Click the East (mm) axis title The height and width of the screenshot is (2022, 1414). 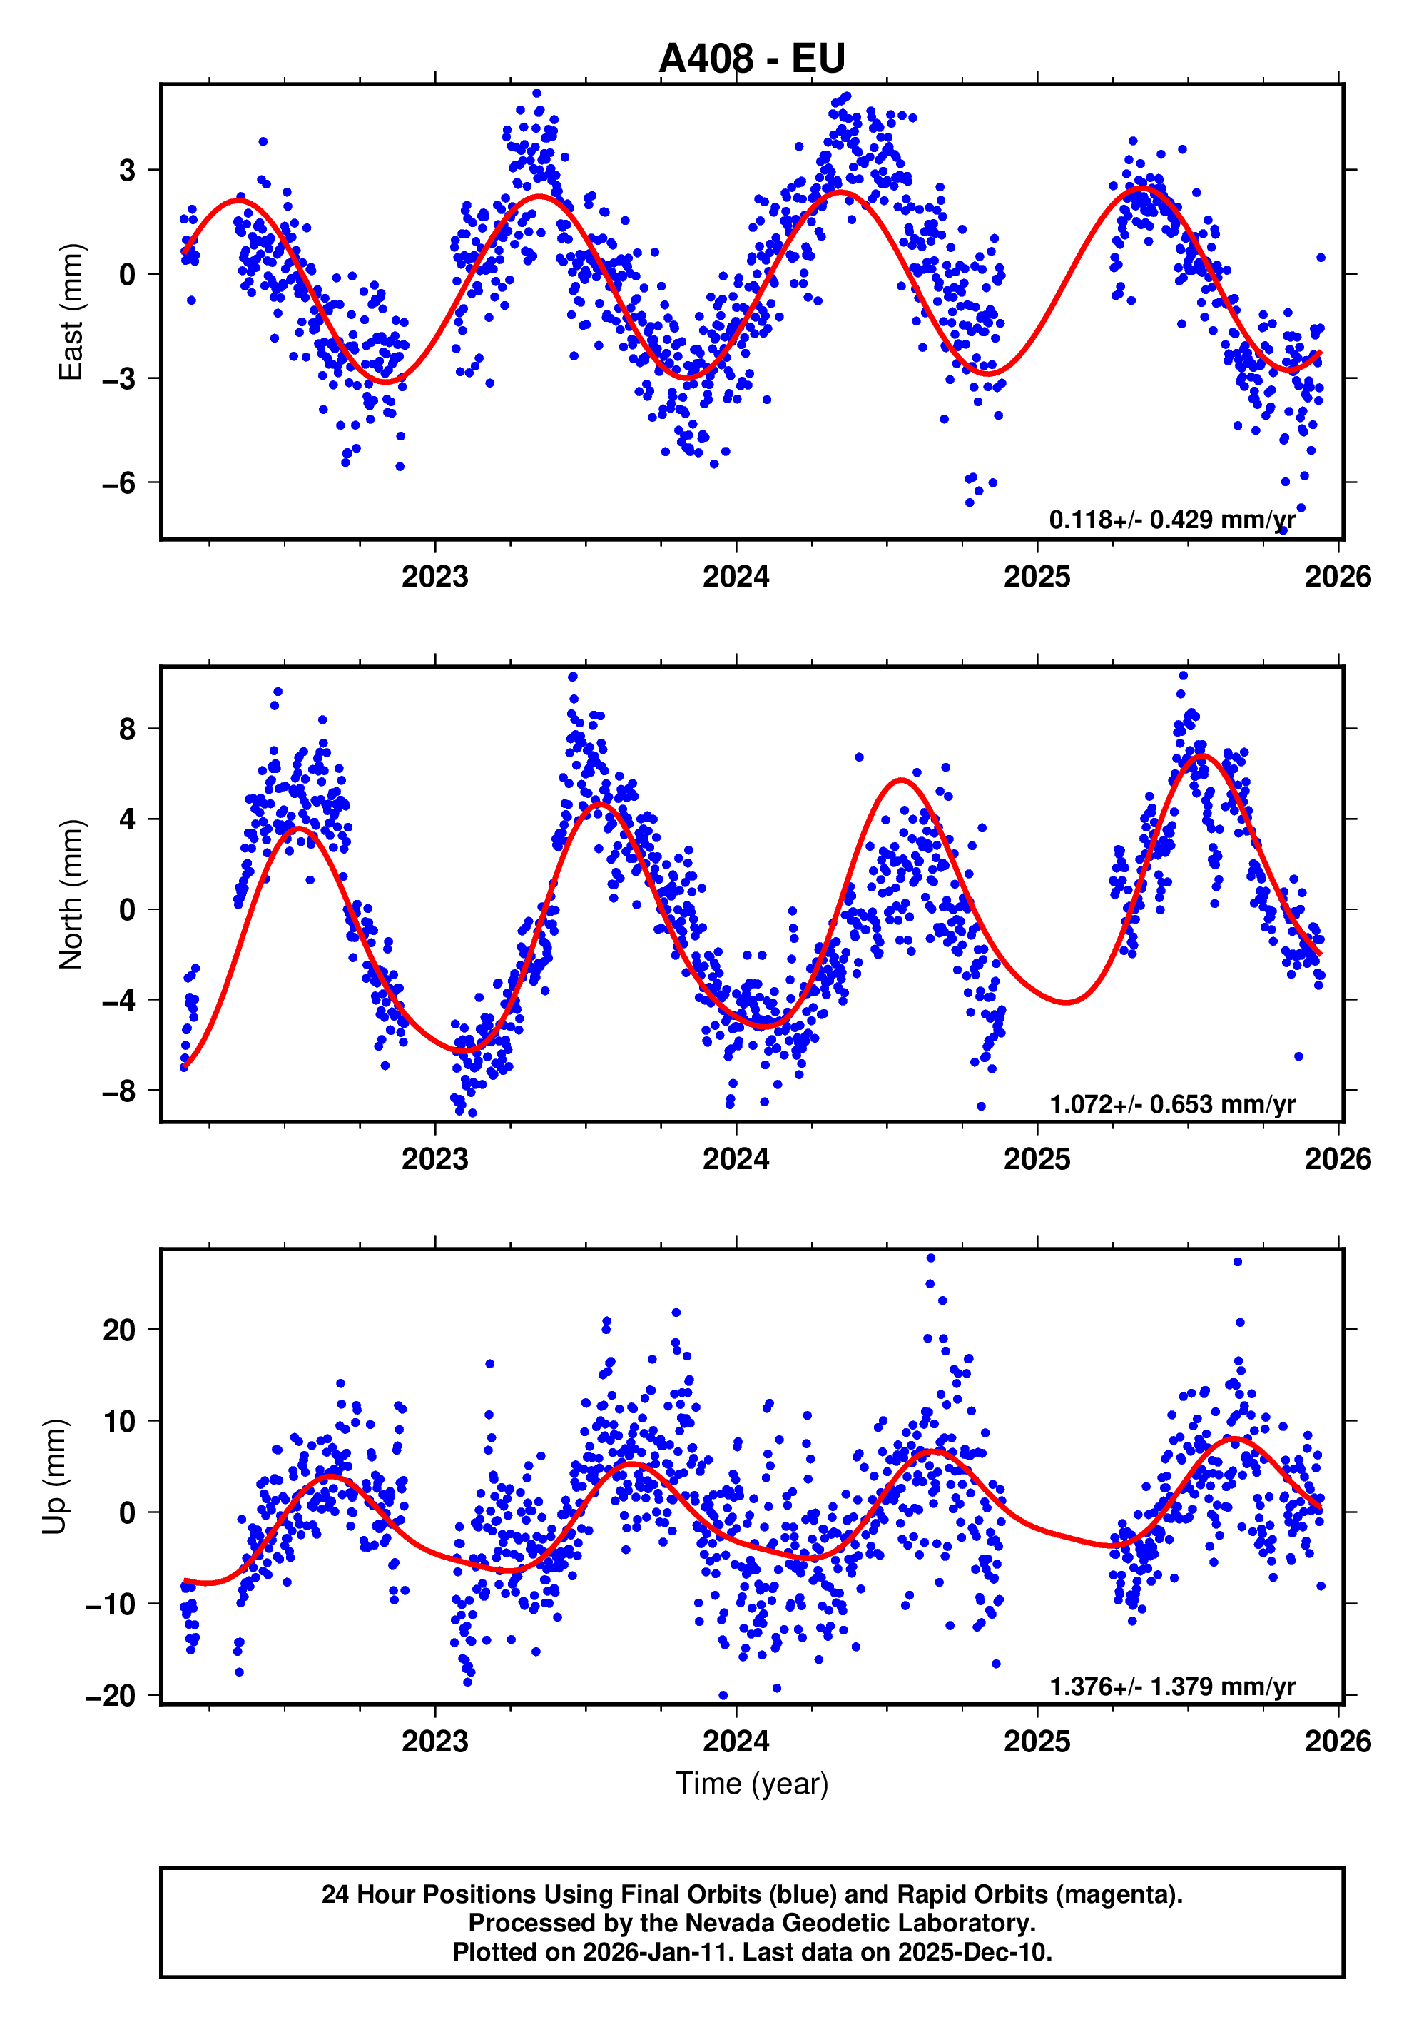[x=71, y=312]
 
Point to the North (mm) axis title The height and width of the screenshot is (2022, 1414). [x=71, y=895]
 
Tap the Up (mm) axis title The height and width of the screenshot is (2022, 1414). [x=55, y=1477]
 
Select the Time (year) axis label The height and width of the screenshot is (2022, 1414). [x=751, y=1784]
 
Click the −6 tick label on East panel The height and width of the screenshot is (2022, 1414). [x=119, y=482]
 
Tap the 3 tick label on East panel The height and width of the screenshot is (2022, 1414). [x=128, y=170]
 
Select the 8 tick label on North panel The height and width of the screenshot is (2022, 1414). [x=128, y=729]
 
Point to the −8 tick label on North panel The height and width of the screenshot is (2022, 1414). [x=119, y=1091]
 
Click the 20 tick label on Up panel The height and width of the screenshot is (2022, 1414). [x=119, y=1330]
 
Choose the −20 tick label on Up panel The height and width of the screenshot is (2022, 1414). [x=111, y=1695]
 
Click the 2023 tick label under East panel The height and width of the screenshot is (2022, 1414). [x=435, y=577]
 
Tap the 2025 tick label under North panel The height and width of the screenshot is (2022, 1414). [x=1037, y=1159]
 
